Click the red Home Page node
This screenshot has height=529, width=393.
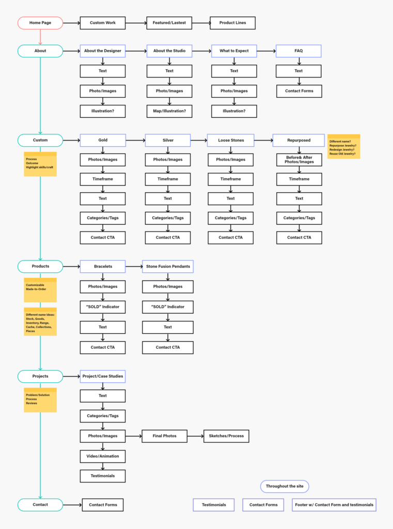point(40,23)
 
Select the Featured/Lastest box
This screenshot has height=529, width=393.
point(169,23)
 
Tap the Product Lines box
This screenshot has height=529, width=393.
point(232,23)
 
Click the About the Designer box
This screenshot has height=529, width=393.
point(103,51)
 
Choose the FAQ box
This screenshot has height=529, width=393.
point(298,51)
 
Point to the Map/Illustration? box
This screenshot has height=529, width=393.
point(169,111)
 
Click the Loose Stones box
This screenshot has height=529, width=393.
point(230,140)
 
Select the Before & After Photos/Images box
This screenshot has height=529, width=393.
point(299,160)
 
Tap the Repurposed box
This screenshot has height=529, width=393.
point(299,140)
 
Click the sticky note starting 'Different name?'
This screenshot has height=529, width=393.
point(343,146)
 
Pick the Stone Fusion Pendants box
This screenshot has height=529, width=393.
point(168,267)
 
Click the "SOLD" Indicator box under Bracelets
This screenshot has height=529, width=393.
point(103,307)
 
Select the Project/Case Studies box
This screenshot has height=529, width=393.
point(103,376)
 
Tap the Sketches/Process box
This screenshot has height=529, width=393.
point(226,436)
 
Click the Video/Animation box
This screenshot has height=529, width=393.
point(103,456)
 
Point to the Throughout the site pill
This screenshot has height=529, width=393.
point(285,486)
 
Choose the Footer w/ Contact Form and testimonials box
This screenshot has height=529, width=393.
point(334,505)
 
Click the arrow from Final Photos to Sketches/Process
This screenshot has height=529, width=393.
point(195,436)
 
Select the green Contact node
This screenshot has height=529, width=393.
point(40,505)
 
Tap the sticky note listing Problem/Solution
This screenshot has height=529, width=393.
point(40,399)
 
